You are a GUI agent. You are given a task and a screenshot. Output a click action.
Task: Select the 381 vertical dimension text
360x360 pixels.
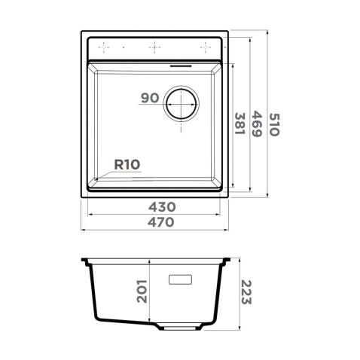240,123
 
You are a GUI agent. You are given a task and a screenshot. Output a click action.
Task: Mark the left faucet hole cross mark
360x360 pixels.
106,47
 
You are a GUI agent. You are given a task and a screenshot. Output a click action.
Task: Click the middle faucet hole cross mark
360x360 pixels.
155,47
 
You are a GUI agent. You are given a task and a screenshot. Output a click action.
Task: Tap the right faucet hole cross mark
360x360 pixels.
203,47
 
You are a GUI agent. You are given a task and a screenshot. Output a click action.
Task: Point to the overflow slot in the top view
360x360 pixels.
183,65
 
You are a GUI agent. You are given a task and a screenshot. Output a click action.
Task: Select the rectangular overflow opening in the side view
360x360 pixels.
181,279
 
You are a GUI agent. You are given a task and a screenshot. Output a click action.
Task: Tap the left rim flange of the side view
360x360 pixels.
87,261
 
